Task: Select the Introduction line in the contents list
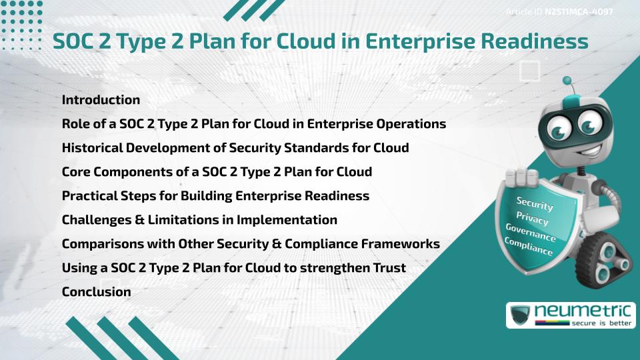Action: pos(101,100)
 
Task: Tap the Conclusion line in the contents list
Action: pos(96,291)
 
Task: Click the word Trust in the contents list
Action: pos(391,268)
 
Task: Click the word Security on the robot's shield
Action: pos(534,203)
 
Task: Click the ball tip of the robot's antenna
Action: pos(567,81)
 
